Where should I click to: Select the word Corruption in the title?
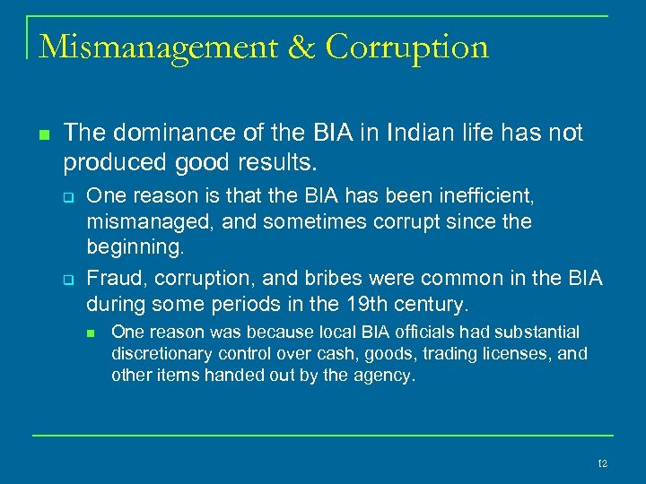(407, 47)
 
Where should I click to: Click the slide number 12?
(602, 463)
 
